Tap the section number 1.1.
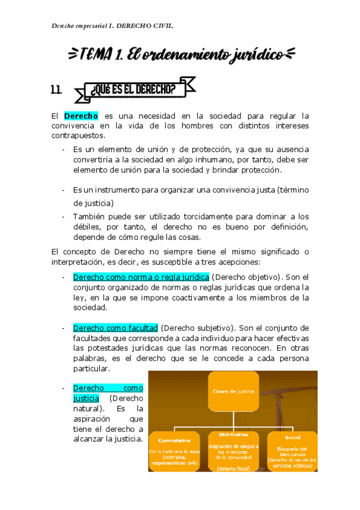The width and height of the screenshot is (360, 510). (57, 90)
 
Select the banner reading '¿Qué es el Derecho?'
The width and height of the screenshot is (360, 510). (133, 90)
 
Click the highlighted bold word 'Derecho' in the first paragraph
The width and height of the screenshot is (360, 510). (81, 115)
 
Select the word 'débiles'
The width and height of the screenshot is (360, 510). (85, 227)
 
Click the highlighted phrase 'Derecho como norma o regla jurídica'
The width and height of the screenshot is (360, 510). (141, 277)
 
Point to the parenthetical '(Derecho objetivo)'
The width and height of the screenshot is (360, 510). (246, 277)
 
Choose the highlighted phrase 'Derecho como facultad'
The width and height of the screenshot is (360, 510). (115, 328)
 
